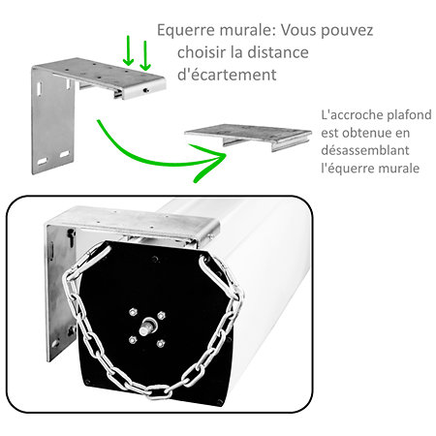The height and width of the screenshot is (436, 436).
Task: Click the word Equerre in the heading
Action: pyautogui.click(x=186, y=31)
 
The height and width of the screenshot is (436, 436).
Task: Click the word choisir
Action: pyautogui.click(x=200, y=52)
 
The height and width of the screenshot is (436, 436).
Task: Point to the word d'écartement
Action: pyautogui.click(x=227, y=75)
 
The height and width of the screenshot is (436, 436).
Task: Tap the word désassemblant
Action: pyautogui.click(x=365, y=150)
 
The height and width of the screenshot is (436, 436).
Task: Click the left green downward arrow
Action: pyautogui.click(x=128, y=50)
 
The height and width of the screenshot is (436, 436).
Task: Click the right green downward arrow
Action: pyautogui.click(x=145, y=55)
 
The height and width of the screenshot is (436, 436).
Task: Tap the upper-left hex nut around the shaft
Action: pyautogui.click(x=133, y=312)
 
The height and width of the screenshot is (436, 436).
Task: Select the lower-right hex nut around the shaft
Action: pyautogui.click(x=161, y=343)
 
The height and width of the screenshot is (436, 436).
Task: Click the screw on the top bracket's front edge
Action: pyautogui.click(x=146, y=90)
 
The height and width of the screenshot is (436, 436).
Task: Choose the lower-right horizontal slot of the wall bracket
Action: pyautogui.click(x=65, y=154)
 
